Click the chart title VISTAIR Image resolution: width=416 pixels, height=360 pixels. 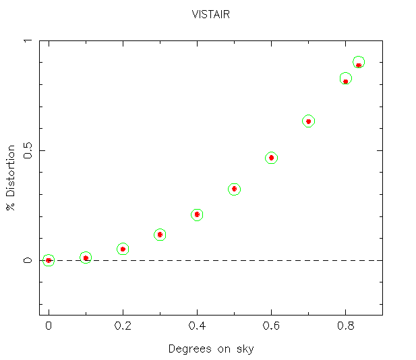click(x=211, y=14)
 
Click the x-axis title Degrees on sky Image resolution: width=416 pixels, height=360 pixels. click(x=211, y=349)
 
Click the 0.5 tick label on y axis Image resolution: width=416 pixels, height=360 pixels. click(x=28, y=150)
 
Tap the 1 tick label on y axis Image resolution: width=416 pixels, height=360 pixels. click(x=28, y=40)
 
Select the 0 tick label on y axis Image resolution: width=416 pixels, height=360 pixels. click(x=28, y=260)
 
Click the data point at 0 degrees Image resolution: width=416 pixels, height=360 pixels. click(x=49, y=260)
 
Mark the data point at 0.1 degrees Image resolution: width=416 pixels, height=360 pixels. click(x=86, y=258)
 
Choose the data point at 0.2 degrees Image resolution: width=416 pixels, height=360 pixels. click(x=123, y=249)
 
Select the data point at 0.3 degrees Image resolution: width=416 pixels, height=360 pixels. click(x=160, y=235)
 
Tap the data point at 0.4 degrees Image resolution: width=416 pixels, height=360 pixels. click(x=197, y=214)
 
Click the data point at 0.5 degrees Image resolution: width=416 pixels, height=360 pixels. click(x=234, y=189)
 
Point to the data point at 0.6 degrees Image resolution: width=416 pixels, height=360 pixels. click(x=271, y=158)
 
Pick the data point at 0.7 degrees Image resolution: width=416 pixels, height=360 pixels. click(x=308, y=121)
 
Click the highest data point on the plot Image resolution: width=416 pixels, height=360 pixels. click(x=359, y=64)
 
